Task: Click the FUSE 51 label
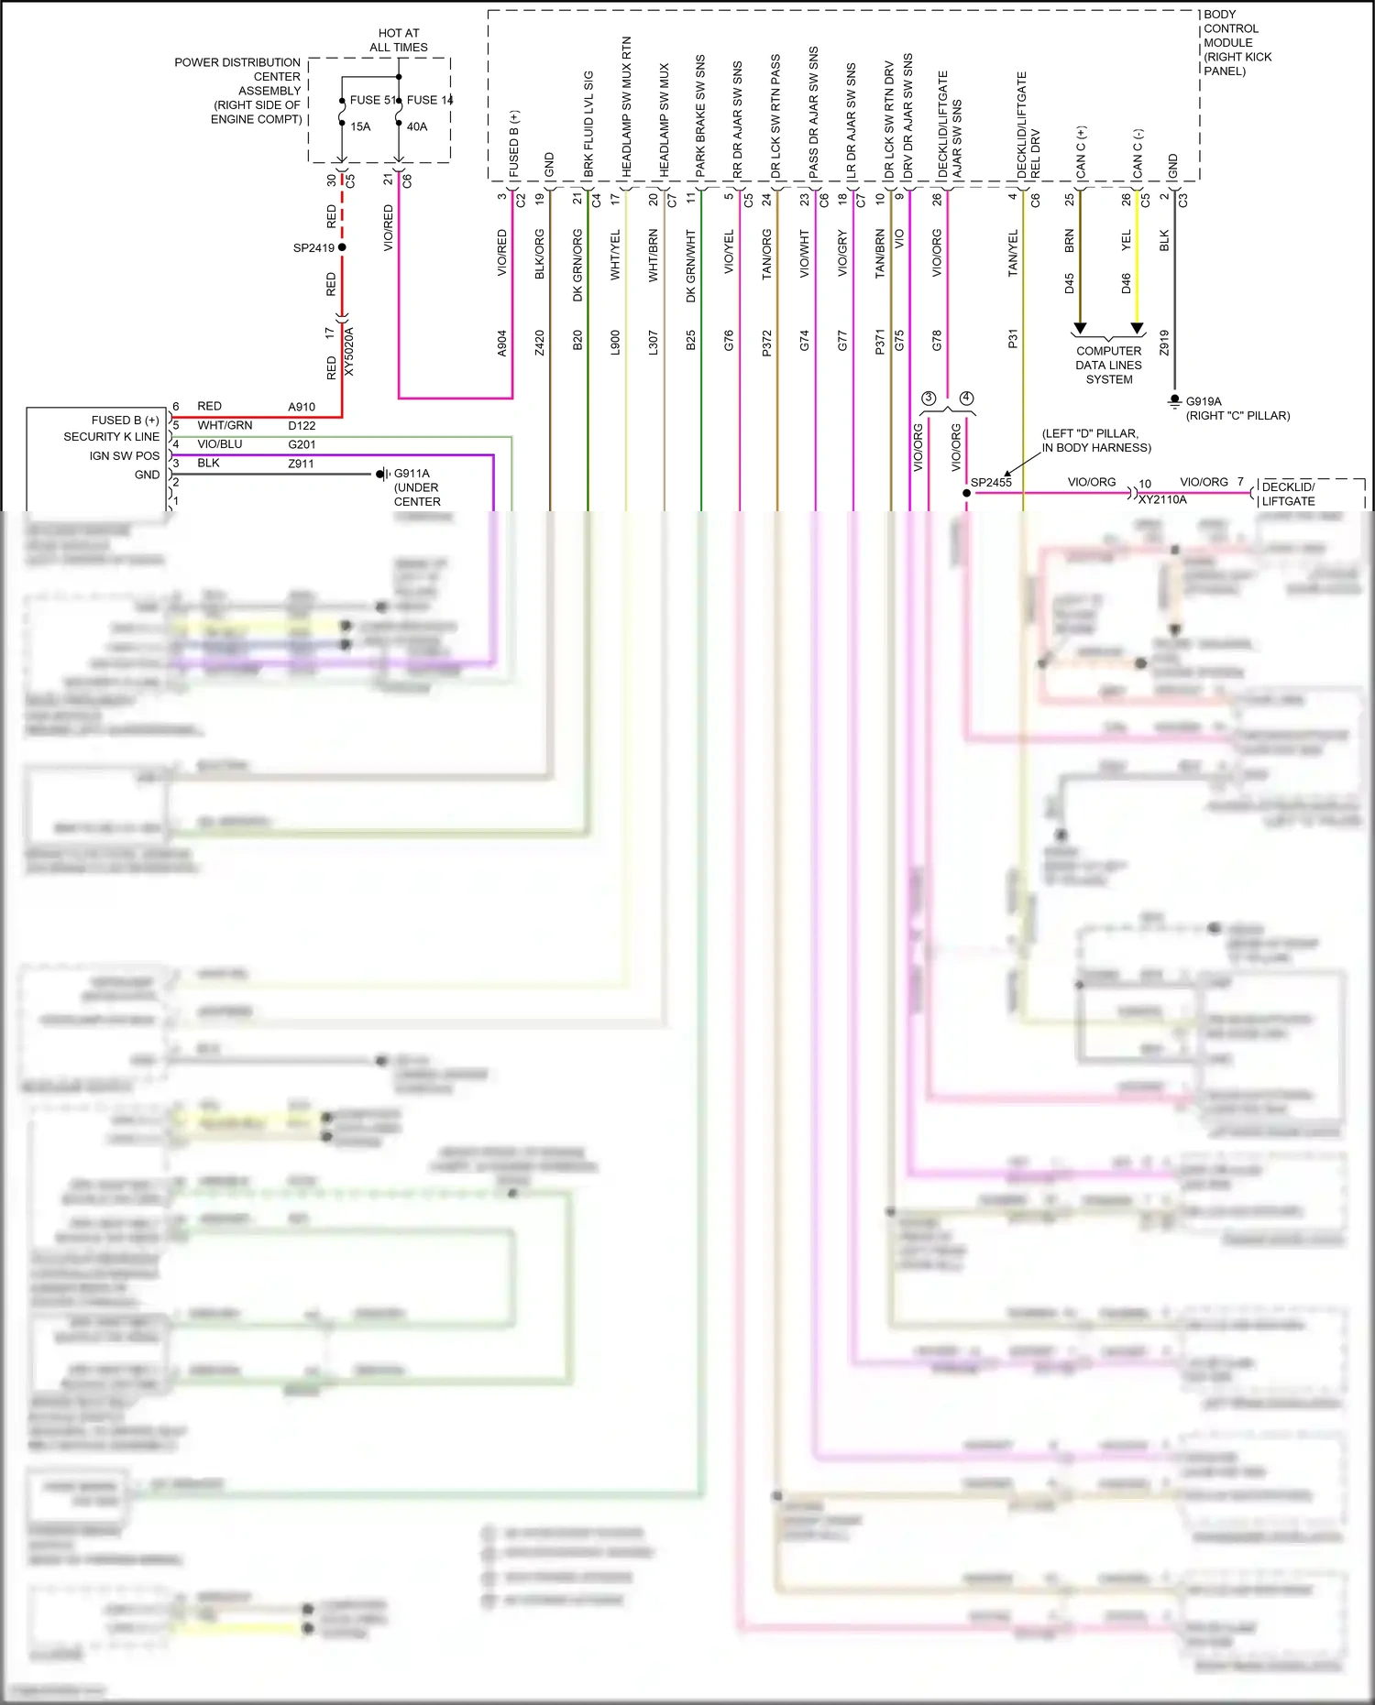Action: coord(371,100)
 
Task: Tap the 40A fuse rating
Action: coord(417,126)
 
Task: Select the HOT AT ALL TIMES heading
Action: coord(399,40)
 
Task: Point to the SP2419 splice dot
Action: coord(342,247)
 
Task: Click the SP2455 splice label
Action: coord(991,482)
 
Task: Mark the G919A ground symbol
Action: coord(1174,401)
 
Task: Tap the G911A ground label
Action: coord(412,474)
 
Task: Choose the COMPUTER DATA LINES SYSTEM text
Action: coord(1108,365)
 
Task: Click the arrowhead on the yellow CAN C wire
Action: coord(1137,328)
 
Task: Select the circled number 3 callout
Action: coord(929,398)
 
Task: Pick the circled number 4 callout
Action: coord(966,398)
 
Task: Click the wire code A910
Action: coord(302,407)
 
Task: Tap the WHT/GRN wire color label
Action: coord(225,425)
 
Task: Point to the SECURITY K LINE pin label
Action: coord(111,437)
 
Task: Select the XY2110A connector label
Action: coord(1162,499)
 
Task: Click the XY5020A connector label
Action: coord(349,351)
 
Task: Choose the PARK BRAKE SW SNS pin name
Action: coord(700,116)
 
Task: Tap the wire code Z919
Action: coord(1164,343)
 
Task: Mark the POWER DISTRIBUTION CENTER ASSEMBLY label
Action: coord(239,91)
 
